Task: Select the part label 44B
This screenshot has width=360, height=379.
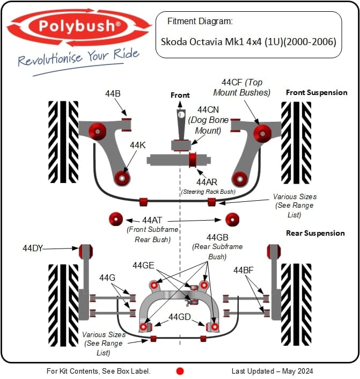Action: (113, 93)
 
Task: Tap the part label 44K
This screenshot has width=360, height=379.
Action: (137, 145)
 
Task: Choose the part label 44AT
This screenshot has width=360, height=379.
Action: (152, 220)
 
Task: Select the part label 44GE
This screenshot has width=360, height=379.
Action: (143, 265)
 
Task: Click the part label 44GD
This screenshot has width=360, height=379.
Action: (179, 317)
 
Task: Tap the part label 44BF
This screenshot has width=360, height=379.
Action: (243, 271)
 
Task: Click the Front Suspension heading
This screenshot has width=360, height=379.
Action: (317, 92)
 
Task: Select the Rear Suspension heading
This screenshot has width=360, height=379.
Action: (315, 233)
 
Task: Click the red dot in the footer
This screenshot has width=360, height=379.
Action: (180, 370)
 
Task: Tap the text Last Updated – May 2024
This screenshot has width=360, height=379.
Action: (272, 371)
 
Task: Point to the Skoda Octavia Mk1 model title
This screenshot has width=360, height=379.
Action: (248, 41)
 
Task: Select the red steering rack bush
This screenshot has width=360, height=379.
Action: (193, 159)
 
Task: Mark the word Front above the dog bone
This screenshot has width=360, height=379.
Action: (180, 95)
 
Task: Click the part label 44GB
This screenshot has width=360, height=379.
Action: (217, 237)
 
